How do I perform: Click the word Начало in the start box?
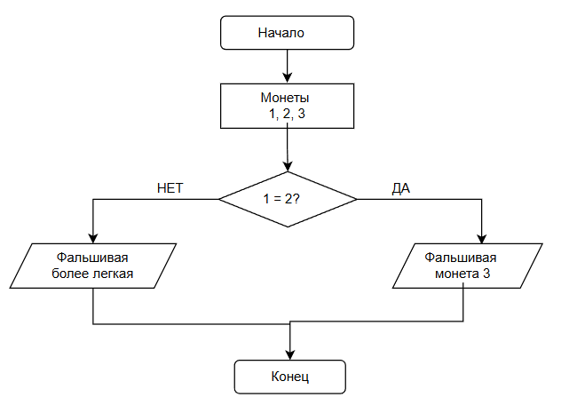(281, 33)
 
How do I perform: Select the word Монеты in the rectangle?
(285, 98)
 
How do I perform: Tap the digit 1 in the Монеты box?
(272, 114)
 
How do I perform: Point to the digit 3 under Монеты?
(301, 114)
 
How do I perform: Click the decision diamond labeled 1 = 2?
(288, 199)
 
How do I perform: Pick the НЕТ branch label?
(170, 188)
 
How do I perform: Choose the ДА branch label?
(401, 188)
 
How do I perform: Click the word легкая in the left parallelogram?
(114, 274)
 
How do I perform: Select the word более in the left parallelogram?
(71, 274)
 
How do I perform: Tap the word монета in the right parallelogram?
(456, 274)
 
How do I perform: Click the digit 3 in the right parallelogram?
(486, 274)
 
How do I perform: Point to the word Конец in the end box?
(290, 377)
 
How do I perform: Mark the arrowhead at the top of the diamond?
(288, 166)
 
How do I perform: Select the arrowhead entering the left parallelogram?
(93, 238)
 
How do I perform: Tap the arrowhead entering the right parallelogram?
(481, 238)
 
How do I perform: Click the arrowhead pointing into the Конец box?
(290, 355)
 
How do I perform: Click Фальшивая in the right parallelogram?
(461, 258)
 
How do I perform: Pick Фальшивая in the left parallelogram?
(92, 258)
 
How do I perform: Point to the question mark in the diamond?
(296, 199)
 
